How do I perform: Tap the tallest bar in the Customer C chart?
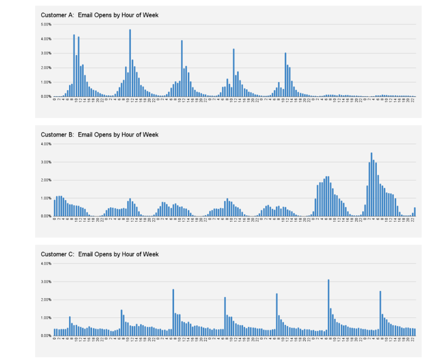tap(328, 307)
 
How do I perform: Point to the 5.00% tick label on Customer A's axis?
tap(46, 24)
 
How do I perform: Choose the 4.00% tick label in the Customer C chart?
tap(46, 263)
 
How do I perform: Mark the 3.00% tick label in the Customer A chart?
tap(46, 53)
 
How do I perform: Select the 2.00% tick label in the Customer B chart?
tap(46, 180)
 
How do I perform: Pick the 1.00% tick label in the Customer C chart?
tap(46, 318)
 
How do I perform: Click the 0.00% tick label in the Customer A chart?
tap(46, 97)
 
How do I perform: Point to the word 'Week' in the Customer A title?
tap(151, 15)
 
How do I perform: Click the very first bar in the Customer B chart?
tap(54, 208)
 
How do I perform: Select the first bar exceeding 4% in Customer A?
tap(74, 66)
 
